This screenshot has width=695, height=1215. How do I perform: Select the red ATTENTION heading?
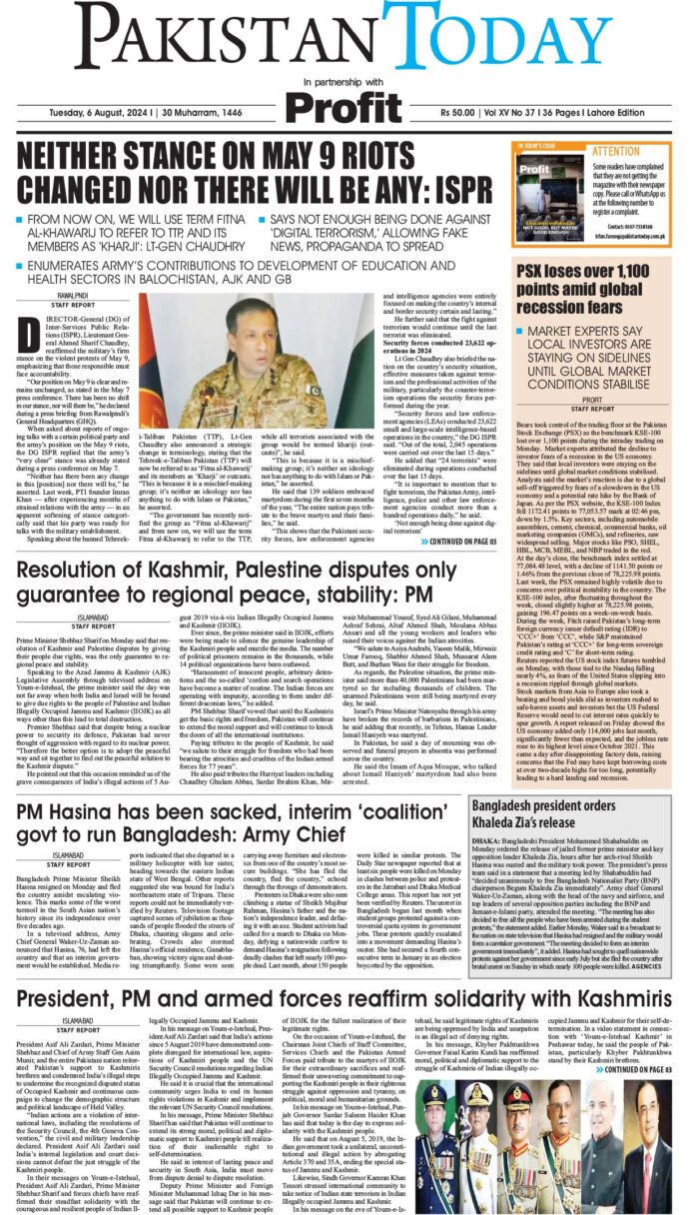(616, 152)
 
